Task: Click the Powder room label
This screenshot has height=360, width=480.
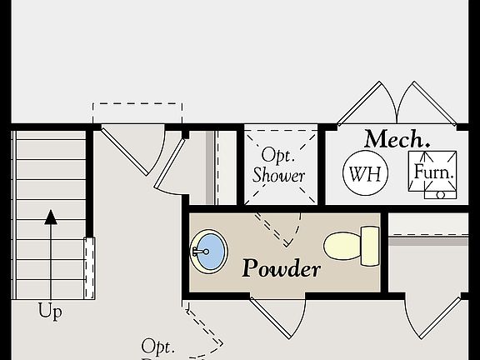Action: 281,268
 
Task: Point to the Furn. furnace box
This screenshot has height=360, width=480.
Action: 434,173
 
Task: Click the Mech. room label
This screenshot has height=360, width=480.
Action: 397,139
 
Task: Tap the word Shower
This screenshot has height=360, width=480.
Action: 279,176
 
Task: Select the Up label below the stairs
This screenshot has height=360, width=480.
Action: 50,312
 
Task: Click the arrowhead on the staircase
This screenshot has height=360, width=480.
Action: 51,217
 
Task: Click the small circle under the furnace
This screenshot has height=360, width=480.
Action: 440,195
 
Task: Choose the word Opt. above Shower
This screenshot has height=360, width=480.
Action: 275,155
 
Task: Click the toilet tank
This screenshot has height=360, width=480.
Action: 369,245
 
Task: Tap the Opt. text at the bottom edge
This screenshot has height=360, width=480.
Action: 157,346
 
